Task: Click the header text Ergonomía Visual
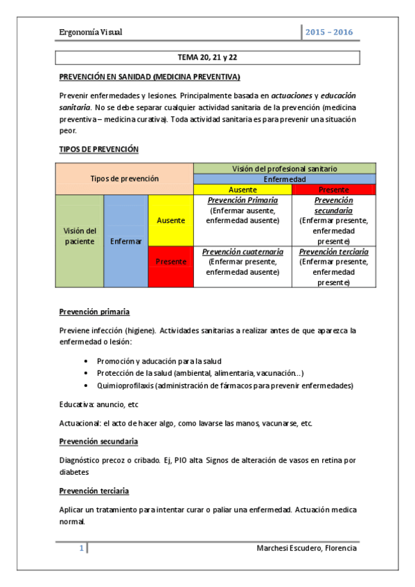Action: [91, 33]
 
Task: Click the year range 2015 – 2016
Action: [329, 33]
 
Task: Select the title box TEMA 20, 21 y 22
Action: [208, 57]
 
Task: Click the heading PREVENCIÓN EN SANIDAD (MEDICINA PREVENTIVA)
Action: [149, 77]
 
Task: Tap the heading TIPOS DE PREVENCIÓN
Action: [98, 149]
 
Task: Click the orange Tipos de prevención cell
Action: [124, 179]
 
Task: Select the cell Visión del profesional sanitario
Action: [285, 168]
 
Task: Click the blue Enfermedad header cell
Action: [285, 179]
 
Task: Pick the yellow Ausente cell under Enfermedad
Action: [242, 190]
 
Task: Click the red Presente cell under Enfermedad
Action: [333, 190]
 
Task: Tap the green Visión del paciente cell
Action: [79, 236]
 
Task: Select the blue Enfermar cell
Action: [125, 242]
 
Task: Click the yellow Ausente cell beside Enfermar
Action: [170, 220]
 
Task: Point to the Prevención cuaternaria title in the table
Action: [242, 252]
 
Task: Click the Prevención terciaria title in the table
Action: [333, 252]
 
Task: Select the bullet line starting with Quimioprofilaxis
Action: [224, 385]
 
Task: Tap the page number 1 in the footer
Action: [82, 549]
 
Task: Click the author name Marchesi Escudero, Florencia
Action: [306, 549]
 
